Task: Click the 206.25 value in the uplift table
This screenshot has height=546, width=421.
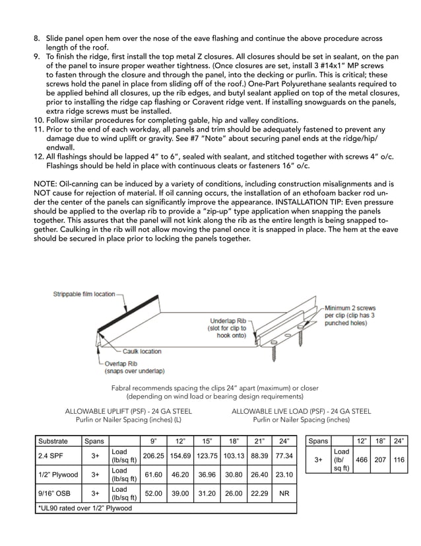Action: point(153,456)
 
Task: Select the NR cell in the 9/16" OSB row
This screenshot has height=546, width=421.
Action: point(284,493)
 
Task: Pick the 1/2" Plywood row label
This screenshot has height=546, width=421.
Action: point(57,475)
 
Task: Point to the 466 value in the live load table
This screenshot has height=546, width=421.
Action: point(362,459)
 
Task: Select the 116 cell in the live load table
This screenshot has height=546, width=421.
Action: point(398,459)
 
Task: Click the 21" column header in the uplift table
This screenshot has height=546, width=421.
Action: point(259,440)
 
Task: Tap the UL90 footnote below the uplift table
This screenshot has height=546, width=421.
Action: point(85,508)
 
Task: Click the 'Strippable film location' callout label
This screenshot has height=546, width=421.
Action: point(84,294)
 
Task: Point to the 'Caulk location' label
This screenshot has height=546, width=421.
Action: point(142,352)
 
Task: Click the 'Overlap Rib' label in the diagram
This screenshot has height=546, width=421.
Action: point(122,363)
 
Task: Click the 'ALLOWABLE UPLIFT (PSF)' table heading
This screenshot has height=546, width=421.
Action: point(123,410)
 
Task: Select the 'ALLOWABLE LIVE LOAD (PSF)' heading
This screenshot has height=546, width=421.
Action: point(301,410)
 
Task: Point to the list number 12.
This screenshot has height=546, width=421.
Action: point(38,157)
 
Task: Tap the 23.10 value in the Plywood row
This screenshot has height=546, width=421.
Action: point(284,475)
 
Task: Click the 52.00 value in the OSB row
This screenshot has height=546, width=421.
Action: point(153,493)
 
